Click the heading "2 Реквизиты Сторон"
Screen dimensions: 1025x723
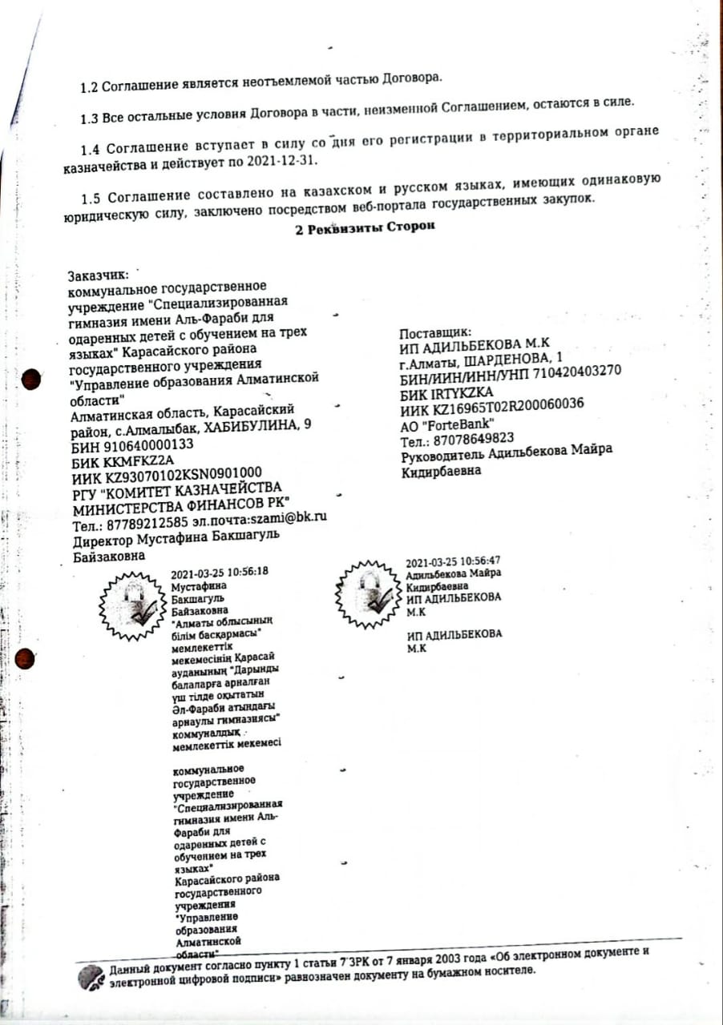point(364,227)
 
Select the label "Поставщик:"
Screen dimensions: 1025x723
point(435,332)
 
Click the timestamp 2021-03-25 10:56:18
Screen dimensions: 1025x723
point(220,573)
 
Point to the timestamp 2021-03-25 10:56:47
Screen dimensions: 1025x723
point(454,561)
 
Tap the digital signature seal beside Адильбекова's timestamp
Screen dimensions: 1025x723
point(366,589)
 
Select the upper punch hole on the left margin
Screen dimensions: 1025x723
point(30,378)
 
